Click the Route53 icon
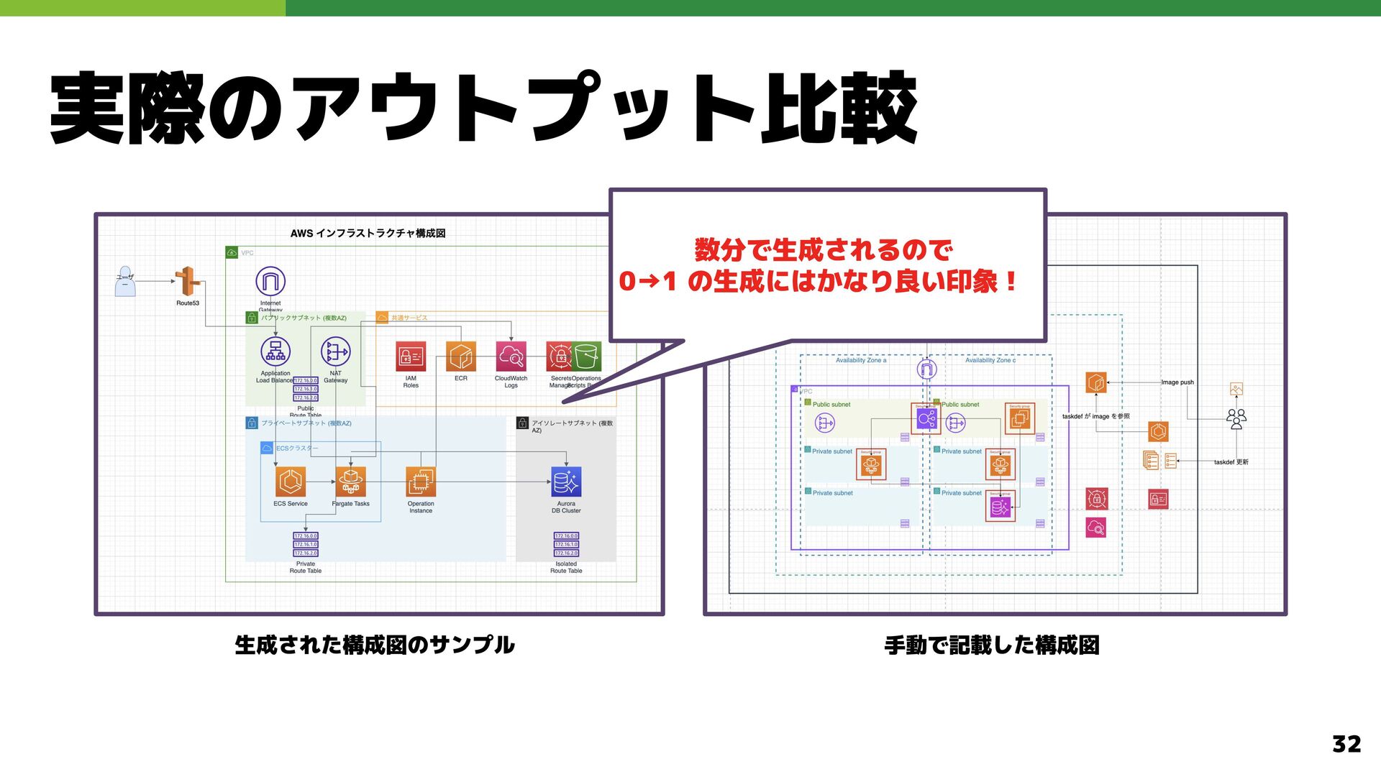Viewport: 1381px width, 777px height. point(187,281)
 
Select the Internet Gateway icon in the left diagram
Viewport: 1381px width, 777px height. point(270,281)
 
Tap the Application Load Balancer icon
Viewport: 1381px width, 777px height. point(275,351)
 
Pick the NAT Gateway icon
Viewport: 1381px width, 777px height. point(335,351)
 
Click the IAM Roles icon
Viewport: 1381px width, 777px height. point(411,357)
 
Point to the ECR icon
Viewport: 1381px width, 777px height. point(461,357)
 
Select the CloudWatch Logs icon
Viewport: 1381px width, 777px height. point(511,357)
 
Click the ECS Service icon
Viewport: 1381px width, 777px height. point(291,482)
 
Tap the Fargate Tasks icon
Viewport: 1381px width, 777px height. point(350,482)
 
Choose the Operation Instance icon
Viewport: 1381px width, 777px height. point(421,482)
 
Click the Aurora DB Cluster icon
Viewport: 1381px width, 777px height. point(566,482)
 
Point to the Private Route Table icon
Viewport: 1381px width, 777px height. point(306,544)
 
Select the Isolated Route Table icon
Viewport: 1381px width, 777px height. point(566,544)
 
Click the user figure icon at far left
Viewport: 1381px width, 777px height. point(125,282)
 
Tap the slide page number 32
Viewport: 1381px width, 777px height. point(1346,744)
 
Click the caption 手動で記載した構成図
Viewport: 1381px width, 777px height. point(992,645)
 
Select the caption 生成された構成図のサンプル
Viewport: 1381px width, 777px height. point(375,645)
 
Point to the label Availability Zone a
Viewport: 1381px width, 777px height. point(861,360)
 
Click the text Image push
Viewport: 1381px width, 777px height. point(1177,382)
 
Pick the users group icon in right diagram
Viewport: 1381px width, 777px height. point(1236,418)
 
